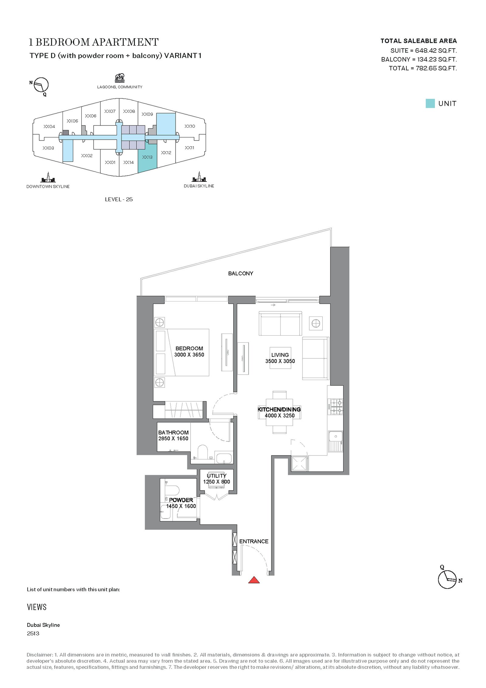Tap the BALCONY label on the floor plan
tap(241, 273)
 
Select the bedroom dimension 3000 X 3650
tap(189, 354)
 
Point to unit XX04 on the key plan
tap(49, 126)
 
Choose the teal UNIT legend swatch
tap(430, 103)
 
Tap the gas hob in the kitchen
tap(337, 407)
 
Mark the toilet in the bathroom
tap(202, 452)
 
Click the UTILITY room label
tap(217, 475)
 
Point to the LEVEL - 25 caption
tap(119, 199)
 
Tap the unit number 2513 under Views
tap(33, 633)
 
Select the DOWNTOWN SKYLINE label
tap(48, 186)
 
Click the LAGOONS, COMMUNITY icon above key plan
tap(120, 78)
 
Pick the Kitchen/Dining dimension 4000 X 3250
tap(279, 416)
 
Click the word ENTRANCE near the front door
tap(254, 541)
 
